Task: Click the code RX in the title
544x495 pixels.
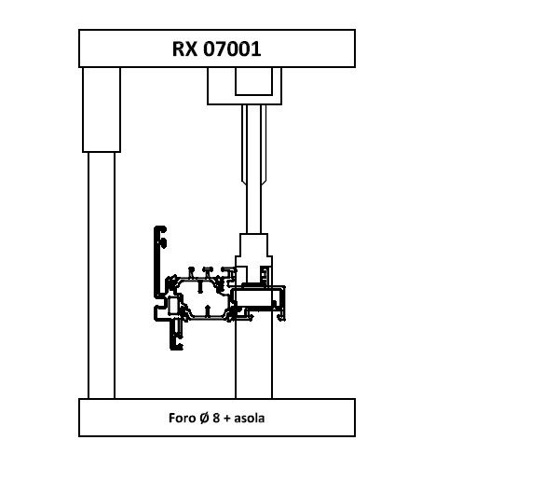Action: click(184, 48)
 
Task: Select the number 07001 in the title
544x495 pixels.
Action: click(232, 48)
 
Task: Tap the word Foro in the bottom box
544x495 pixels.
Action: click(182, 418)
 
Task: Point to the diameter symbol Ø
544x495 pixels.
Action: click(204, 418)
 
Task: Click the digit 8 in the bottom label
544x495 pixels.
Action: click(216, 418)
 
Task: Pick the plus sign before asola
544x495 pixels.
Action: click(227, 419)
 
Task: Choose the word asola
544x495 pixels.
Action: click(249, 418)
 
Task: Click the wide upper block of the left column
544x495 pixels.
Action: click(102, 110)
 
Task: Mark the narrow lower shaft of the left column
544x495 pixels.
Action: click(102, 275)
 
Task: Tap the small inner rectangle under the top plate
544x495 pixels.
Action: click(253, 81)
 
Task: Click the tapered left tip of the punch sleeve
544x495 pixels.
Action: click(244, 182)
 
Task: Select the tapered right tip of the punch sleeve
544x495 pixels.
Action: click(264, 182)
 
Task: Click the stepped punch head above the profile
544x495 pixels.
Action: click(253, 258)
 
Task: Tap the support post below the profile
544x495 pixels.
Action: click(253, 354)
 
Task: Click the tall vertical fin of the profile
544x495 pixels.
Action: click(157, 262)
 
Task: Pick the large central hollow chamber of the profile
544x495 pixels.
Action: click(203, 298)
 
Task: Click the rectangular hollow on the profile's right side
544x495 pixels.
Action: click(253, 298)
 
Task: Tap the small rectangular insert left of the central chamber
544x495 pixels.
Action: click(172, 306)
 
